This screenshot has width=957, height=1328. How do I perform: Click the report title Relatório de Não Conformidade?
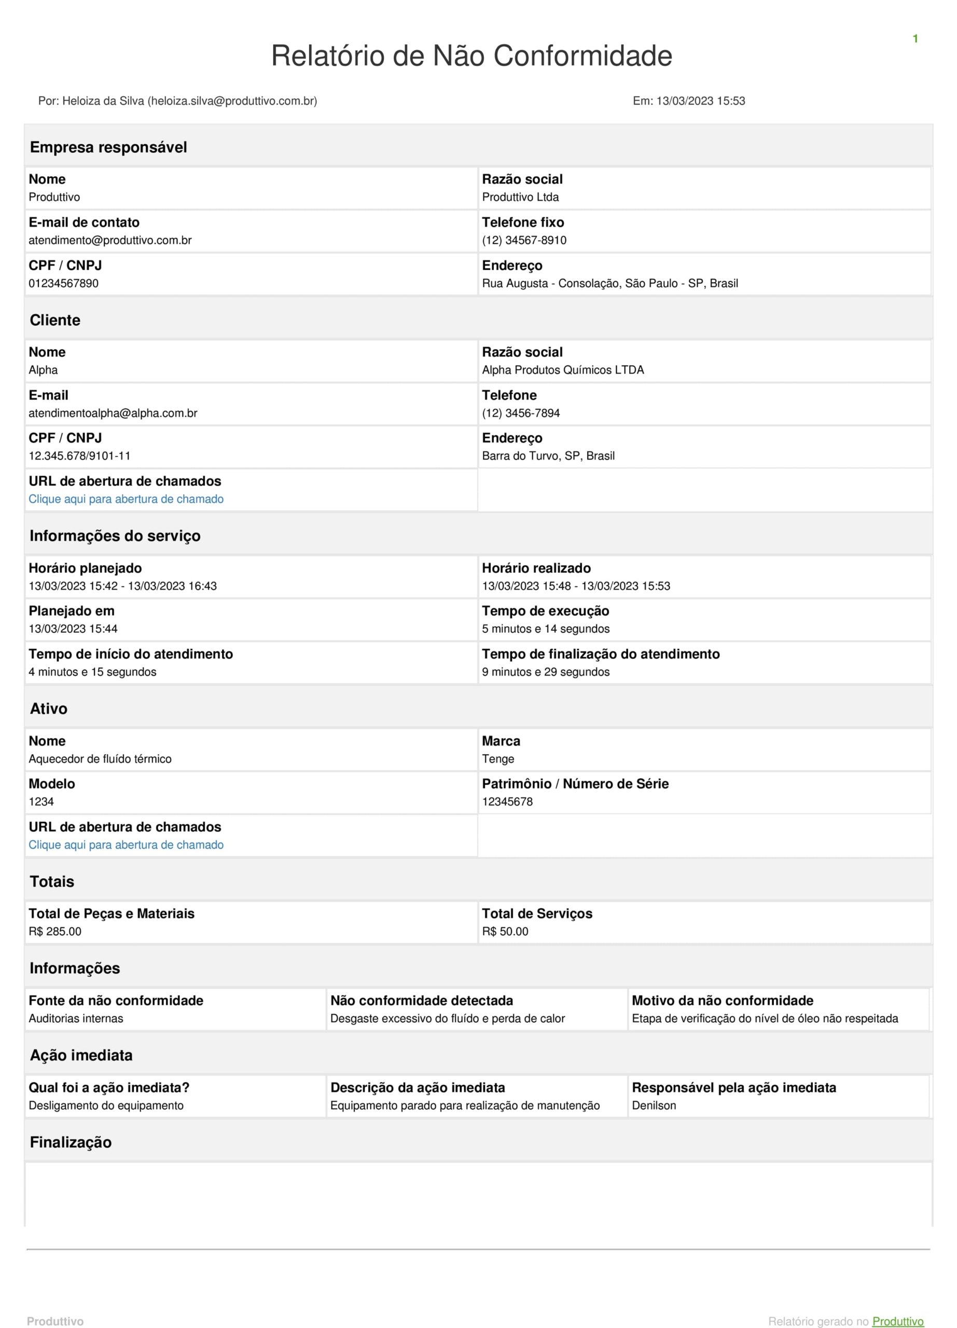coord(471,56)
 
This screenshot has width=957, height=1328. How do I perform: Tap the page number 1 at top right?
coord(915,38)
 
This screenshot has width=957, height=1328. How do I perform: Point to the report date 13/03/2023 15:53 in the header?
coord(700,101)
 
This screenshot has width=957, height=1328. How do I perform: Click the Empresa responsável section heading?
coord(108,147)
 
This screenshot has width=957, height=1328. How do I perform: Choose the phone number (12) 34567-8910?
coord(524,240)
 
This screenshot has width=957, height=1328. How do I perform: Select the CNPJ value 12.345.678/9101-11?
coord(79,455)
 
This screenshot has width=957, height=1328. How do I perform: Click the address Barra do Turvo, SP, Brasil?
coord(548,455)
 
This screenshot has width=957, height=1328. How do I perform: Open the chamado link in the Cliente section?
coord(126,499)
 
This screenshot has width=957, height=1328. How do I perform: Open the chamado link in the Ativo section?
coord(126,845)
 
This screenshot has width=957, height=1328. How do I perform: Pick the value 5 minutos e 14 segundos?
coord(546,628)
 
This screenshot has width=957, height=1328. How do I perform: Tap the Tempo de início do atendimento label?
coord(131,654)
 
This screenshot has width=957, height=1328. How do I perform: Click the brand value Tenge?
coord(497,758)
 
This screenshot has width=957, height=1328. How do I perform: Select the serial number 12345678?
coord(507,801)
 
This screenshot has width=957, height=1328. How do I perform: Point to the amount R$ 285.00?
coord(55,931)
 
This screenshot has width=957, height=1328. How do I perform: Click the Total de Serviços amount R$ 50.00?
coord(505,931)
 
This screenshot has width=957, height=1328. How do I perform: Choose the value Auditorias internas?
coord(76,1018)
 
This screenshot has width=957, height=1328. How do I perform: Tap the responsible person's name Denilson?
coord(654,1105)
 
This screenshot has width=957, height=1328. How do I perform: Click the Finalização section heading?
coord(70,1142)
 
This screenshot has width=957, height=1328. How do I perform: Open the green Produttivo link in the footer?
coord(897,1321)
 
